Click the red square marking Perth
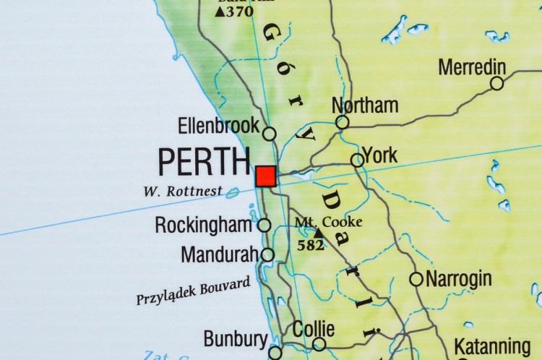[x=266, y=176]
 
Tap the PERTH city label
[x=204, y=162]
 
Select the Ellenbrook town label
[x=218, y=126]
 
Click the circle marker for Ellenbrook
[x=269, y=134]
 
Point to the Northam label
[x=365, y=105]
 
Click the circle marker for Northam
[x=343, y=122]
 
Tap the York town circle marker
[x=357, y=160]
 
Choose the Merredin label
[x=472, y=67]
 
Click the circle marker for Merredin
[x=497, y=83]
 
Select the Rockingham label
[x=203, y=225]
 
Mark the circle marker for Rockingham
[x=264, y=226]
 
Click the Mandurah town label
[x=220, y=254]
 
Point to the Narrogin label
[x=459, y=278]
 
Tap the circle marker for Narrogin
[x=416, y=279]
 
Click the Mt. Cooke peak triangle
[x=318, y=233]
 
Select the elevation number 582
[x=311, y=245]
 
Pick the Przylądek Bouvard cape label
[x=193, y=291]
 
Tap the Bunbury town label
[x=236, y=339]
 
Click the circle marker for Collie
[x=319, y=344]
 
